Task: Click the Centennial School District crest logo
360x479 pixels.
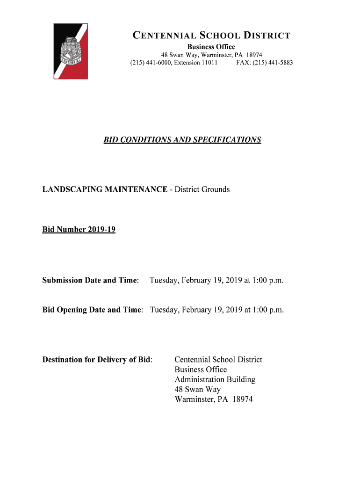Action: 71,51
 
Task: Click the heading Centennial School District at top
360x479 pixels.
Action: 211,36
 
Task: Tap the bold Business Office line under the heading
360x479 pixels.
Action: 211,47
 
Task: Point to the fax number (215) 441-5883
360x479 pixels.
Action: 265,62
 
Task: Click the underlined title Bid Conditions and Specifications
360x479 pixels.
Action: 182,140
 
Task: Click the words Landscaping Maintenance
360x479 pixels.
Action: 105,189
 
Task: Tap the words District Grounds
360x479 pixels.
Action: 202,189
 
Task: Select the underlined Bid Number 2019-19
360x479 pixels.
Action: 79,230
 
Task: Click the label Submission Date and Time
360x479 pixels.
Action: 90,281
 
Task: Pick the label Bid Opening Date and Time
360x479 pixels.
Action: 92,310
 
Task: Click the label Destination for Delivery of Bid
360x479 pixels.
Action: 97,360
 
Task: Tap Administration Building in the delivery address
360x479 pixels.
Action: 215,379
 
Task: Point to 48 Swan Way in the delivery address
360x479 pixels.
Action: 197,389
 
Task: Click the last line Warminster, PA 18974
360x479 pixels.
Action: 213,399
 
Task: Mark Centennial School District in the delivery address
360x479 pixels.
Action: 218,360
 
